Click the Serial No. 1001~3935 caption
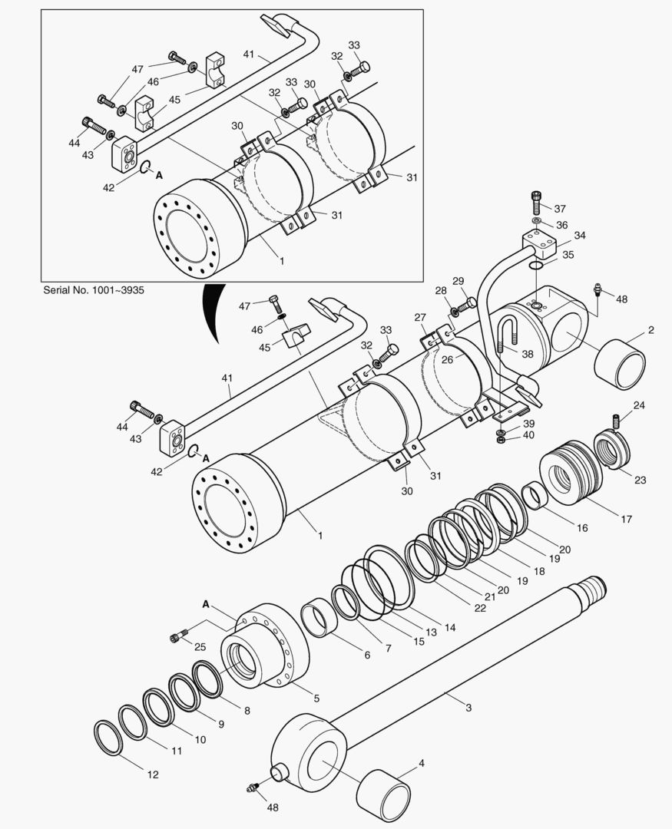94,290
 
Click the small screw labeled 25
177,636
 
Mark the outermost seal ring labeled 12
108,738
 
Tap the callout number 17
626,520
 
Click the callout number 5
316,699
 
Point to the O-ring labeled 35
537,265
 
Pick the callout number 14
449,627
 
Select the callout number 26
447,358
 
